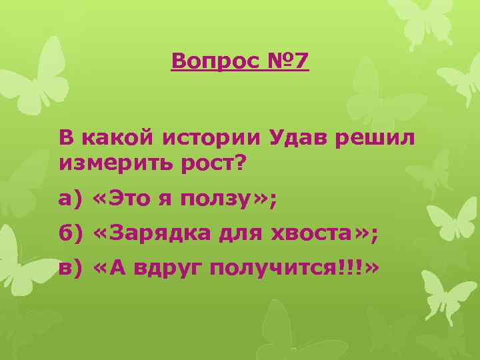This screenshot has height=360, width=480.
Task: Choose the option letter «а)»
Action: pos(69,198)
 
